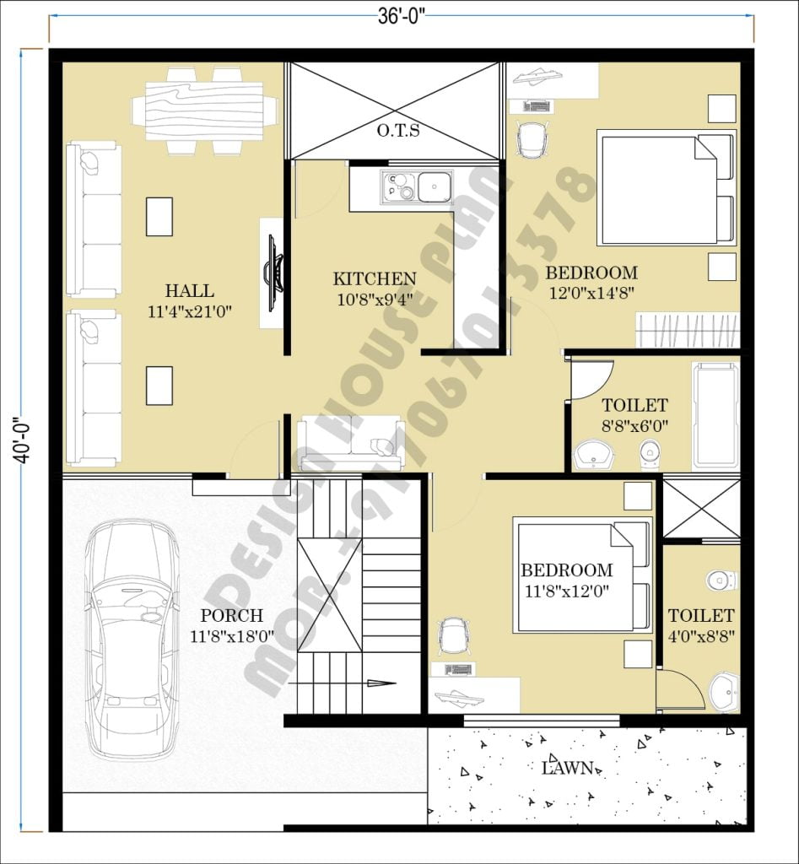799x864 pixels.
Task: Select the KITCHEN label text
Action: coord(374,278)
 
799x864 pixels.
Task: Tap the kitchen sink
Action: coord(419,186)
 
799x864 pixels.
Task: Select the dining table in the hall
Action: coord(204,111)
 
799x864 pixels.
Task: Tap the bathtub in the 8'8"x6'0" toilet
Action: coord(715,416)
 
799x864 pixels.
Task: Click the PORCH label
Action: coord(231,616)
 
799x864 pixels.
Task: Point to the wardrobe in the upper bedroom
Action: coord(687,329)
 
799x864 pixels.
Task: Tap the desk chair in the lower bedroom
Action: coord(454,635)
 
